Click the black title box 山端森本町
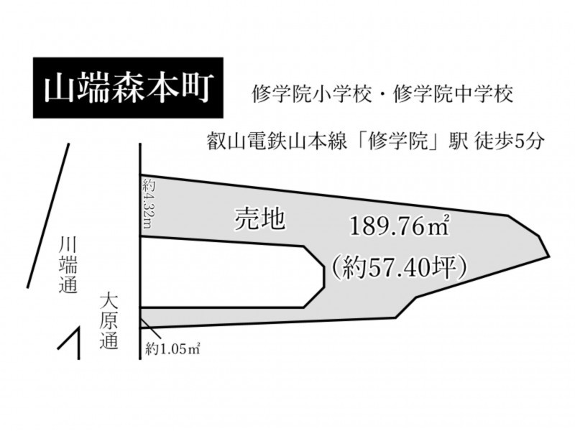pos(128,88)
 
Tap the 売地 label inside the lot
pos(259,219)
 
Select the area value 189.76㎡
pos(400,226)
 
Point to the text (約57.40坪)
pos(399,268)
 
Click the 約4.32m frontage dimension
pos(147,204)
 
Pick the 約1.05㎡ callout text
pos(172,348)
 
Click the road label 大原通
pos(109,320)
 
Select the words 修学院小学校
pos(312,95)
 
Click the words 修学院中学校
pos(453,95)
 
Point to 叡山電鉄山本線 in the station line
pos(277,142)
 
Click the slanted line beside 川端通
pos(48,215)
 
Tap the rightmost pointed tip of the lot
pos(549,256)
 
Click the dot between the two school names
pos(382,96)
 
